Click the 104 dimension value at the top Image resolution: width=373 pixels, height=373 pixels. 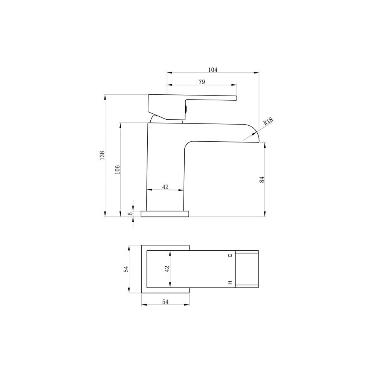pos(213,70)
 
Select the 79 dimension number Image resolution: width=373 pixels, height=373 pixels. pos(201,82)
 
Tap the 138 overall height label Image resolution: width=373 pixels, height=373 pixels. pos(102,155)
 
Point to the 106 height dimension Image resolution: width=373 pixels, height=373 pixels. pos(117,169)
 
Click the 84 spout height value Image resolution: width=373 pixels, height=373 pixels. pos(262,179)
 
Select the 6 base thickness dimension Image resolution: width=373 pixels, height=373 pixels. pos(130,214)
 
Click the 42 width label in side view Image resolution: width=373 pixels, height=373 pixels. pos(165,187)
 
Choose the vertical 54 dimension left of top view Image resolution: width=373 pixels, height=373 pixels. pos(126,269)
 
